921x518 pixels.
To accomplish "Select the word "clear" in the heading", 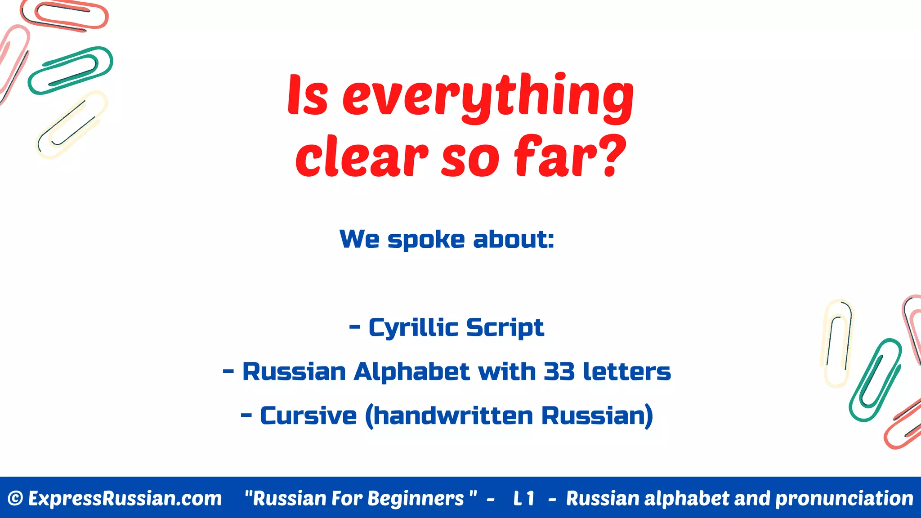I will (x=362, y=156).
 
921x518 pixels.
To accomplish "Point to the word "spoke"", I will (x=426, y=240).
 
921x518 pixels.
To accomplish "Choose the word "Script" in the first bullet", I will (x=505, y=328).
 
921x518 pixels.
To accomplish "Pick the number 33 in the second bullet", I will (x=559, y=372).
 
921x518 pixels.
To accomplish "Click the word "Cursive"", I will (x=308, y=416).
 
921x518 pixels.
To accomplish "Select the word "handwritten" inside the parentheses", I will (x=453, y=416).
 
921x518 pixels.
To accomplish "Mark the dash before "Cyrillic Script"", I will (x=355, y=328).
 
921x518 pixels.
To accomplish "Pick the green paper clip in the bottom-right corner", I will (x=875, y=380).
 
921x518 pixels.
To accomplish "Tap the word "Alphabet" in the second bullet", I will (x=412, y=372).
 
